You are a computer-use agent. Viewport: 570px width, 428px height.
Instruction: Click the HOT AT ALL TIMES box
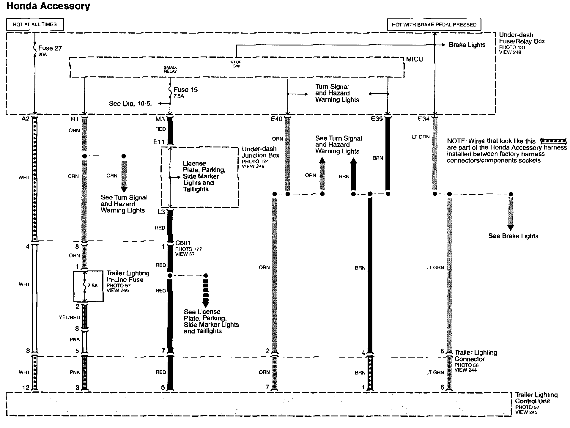(x=35, y=24)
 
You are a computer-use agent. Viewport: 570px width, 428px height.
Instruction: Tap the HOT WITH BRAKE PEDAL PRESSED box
(x=434, y=25)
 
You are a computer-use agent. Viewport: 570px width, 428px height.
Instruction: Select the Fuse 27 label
(x=50, y=48)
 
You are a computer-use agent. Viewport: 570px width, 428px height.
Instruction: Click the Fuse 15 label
(x=185, y=90)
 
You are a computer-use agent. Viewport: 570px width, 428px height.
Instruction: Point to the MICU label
(x=414, y=59)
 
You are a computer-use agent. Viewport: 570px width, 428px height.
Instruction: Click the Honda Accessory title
(x=48, y=6)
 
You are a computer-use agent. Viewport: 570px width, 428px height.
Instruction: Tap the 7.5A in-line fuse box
(x=89, y=286)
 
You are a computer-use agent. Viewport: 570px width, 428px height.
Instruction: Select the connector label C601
(x=183, y=243)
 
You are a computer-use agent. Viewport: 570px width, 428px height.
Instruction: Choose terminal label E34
(x=423, y=119)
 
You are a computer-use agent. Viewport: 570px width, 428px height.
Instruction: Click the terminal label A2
(x=26, y=119)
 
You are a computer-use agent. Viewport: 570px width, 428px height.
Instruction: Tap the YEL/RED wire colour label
(x=69, y=317)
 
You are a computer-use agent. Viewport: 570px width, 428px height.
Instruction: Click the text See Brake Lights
(x=513, y=236)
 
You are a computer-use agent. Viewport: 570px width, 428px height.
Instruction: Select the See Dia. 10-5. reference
(x=130, y=103)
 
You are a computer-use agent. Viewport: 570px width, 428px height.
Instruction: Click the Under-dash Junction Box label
(x=260, y=152)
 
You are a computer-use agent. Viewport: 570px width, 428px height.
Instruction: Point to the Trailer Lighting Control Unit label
(x=536, y=398)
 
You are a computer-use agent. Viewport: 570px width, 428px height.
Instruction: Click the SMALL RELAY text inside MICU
(x=170, y=69)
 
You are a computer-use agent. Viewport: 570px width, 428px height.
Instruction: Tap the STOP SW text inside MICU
(x=236, y=64)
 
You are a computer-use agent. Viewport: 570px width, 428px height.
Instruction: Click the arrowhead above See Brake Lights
(x=511, y=228)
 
